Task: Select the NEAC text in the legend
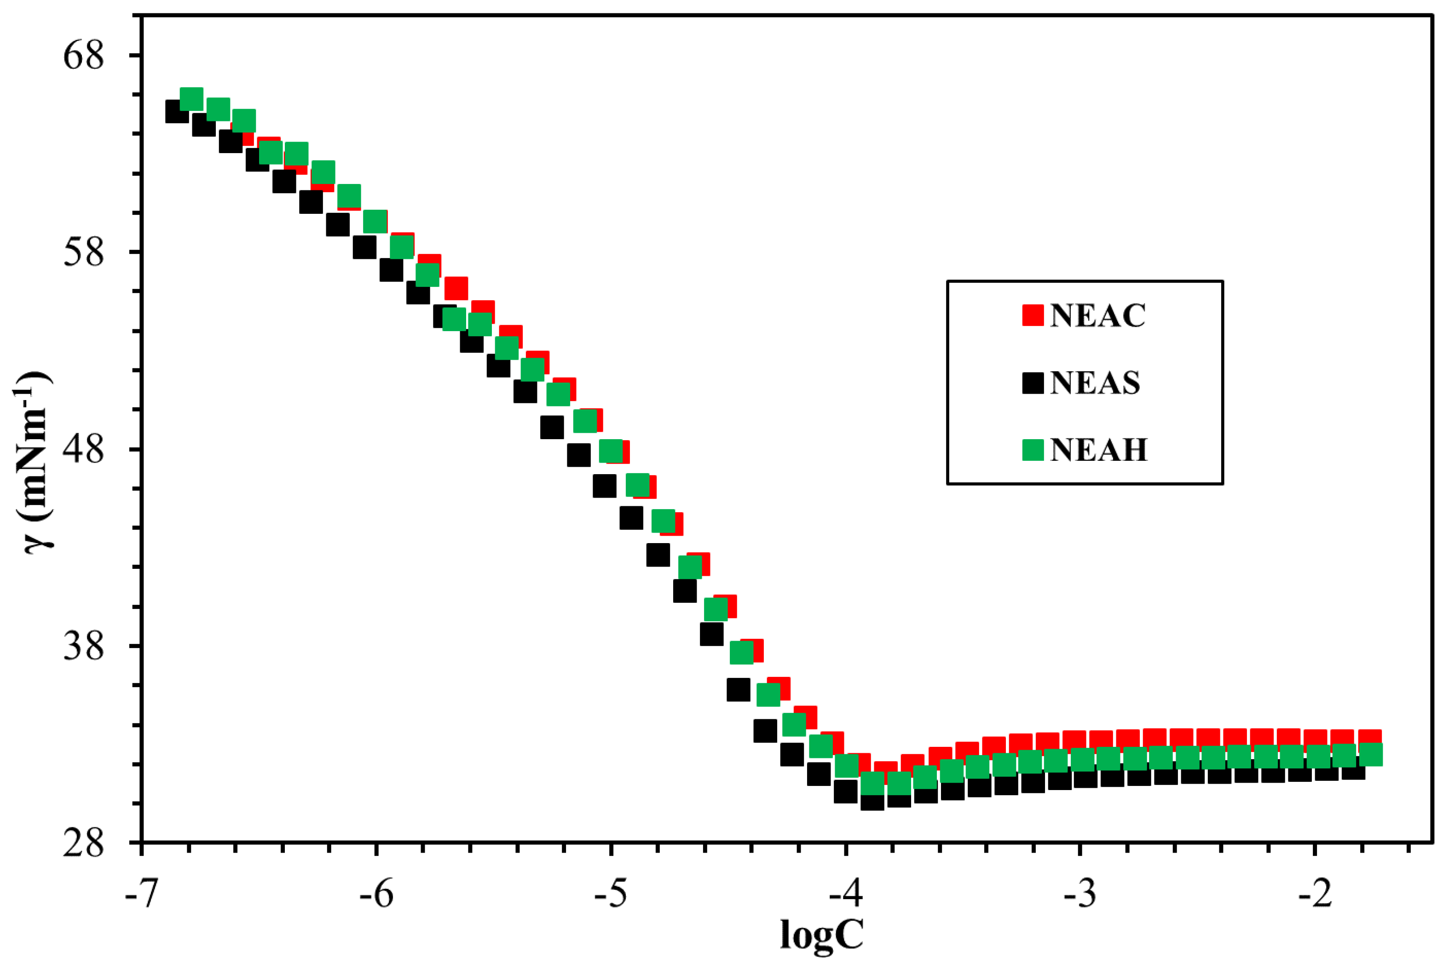(x=1097, y=315)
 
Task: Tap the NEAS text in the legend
(x=1095, y=383)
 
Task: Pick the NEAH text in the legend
(x=1098, y=450)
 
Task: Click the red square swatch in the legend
(x=1033, y=315)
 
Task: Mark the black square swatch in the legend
(x=1033, y=383)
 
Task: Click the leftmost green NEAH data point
(x=191, y=99)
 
